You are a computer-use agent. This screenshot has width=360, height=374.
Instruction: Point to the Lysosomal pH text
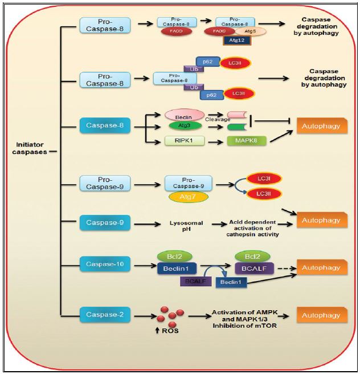tap(184, 226)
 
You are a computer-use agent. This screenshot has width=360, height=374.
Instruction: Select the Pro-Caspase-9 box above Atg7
tap(188, 183)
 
